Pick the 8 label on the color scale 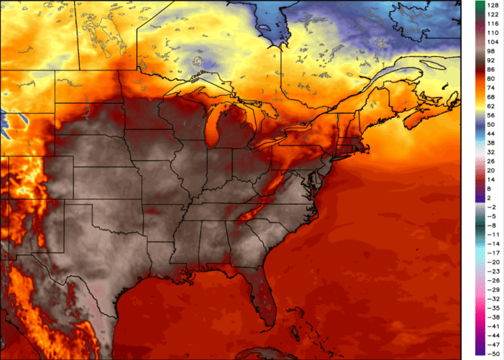tap(491, 188)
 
